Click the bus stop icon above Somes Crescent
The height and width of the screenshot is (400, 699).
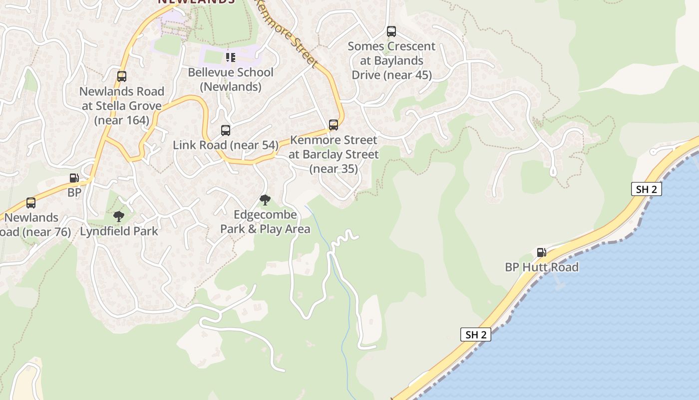coord(391,31)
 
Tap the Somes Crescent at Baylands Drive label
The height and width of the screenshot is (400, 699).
coord(391,60)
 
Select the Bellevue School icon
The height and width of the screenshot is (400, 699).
coord(230,57)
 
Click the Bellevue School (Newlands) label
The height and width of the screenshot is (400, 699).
coord(231,79)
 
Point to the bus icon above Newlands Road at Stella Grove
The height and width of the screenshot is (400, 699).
coord(122,76)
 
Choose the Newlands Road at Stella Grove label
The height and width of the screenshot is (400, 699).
coord(122,105)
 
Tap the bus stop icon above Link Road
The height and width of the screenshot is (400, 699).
coord(226,130)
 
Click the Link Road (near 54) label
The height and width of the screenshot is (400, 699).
coord(226,145)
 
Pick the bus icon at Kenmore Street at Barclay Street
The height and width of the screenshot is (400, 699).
coord(334,125)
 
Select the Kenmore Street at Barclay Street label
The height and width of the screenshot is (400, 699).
coord(334,154)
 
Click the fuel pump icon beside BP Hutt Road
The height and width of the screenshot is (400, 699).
coord(541,252)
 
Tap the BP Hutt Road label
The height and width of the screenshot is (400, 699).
coord(542,267)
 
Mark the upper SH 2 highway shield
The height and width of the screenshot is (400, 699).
coord(647,189)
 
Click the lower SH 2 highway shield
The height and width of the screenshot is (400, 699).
coord(475,334)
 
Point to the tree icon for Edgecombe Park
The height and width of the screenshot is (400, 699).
coord(265,200)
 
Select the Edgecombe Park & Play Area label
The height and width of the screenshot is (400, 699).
coord(265,222)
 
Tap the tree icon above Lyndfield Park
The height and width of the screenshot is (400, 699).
coord(119,216)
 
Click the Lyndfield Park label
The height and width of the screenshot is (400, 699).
coord(119,231)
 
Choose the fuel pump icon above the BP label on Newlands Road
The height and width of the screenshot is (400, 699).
coord(74,178)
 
